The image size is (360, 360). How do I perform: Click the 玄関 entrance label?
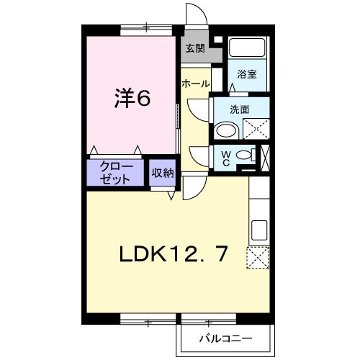[195, 49]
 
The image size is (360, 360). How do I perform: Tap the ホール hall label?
[196, 84]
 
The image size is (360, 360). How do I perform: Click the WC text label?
[225, 156]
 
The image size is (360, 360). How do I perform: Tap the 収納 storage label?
[163, 173]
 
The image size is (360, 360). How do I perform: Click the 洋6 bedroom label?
[132, 99]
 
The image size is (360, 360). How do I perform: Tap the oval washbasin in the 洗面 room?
[227, 130]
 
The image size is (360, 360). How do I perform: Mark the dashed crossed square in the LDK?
[257, 257]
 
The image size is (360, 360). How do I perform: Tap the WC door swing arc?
[198, 153]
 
